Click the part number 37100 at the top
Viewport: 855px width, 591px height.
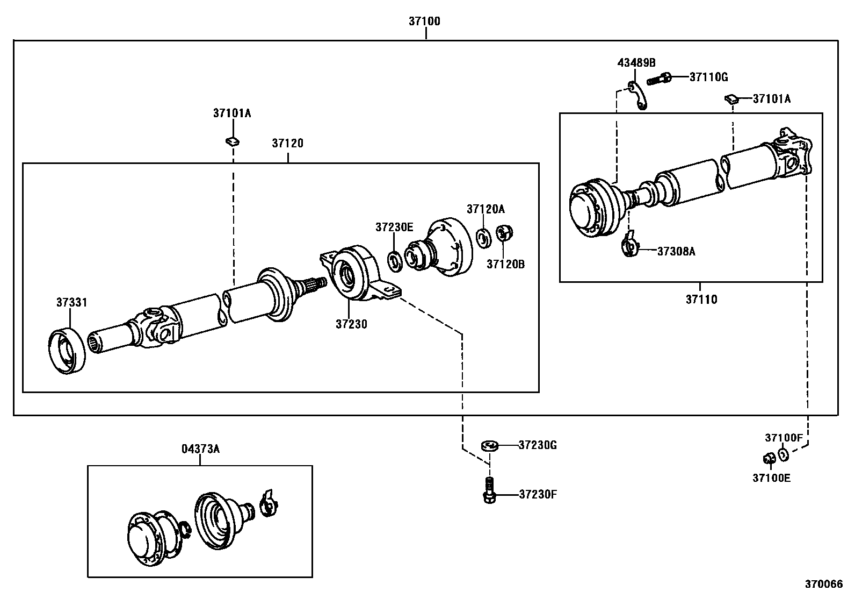pyautogui.click(x=424, y=22)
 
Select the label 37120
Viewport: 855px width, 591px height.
pyautogui.click(x=287, y=143)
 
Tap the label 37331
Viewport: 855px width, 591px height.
pyautogui.click(x=72, y=303)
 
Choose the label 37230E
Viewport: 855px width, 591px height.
pyautogui.click(x=394, y=227)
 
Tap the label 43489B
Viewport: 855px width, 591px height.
pyautogui.click(x=636, y=62)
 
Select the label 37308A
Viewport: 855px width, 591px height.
pyautogui.click(x=676, y=251)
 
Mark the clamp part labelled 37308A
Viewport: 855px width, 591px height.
pyautogui.click(x=631, y=245)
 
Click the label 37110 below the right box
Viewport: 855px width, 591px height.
pyautogui.click(x=701, y=300)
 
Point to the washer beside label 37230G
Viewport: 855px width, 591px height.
pyautogui.click(x=490, y=445)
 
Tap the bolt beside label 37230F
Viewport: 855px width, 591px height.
pyautogui.click(x=489, y=492)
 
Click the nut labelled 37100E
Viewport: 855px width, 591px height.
pyautogui.click(x=769, y=459)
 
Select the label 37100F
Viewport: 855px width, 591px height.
pyautogui.click(x=784, y=438)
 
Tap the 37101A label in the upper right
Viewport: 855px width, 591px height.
pyautogui.click(x=772, y=99)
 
